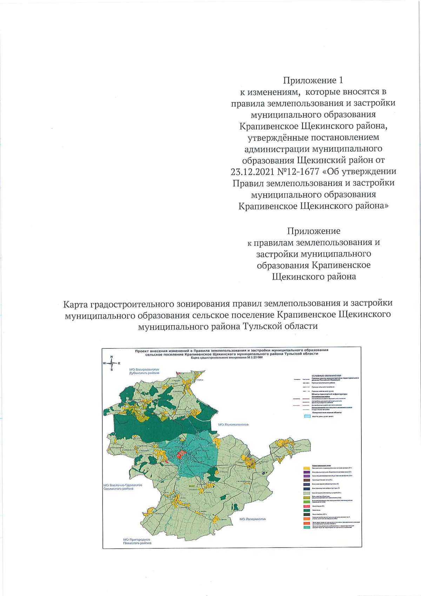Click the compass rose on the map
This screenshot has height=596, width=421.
coord(112,363)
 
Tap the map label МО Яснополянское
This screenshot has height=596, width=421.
coord(233,424)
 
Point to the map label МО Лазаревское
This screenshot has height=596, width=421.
coord(253,519)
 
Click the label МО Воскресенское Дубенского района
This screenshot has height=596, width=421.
coord(144,371)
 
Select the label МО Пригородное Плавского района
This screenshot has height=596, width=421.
coord(137,541)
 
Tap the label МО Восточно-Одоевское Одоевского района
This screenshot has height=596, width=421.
coord(122,486)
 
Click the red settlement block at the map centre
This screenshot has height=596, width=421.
coord(181,455)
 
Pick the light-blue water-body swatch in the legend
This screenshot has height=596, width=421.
coord(307,416)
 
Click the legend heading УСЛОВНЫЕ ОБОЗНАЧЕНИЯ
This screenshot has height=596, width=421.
coord(326,376)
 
